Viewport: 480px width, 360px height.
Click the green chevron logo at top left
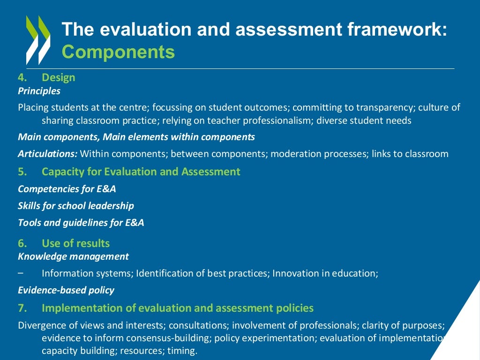tap(38, 40)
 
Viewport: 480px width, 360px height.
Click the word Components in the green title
tap(118, 52)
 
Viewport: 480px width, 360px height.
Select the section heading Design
tap(58, 77)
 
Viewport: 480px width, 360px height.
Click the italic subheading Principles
tap(39, 91)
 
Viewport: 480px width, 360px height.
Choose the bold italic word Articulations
tap(47, 154)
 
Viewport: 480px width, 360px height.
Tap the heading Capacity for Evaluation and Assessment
tap(141, 172)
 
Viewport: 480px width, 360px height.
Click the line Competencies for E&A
tap(67, 189)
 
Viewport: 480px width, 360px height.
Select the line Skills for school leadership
tap(75, 206)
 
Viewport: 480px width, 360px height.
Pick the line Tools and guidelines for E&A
tap(81, 223)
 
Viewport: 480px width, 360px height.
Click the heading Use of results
tap(75, 243)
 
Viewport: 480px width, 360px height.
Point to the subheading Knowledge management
tap(73, 256)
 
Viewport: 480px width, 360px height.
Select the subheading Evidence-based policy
tap(66, 290)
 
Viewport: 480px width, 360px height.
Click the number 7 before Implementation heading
tap(21, 308)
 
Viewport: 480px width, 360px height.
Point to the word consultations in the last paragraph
tap(198, 325)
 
